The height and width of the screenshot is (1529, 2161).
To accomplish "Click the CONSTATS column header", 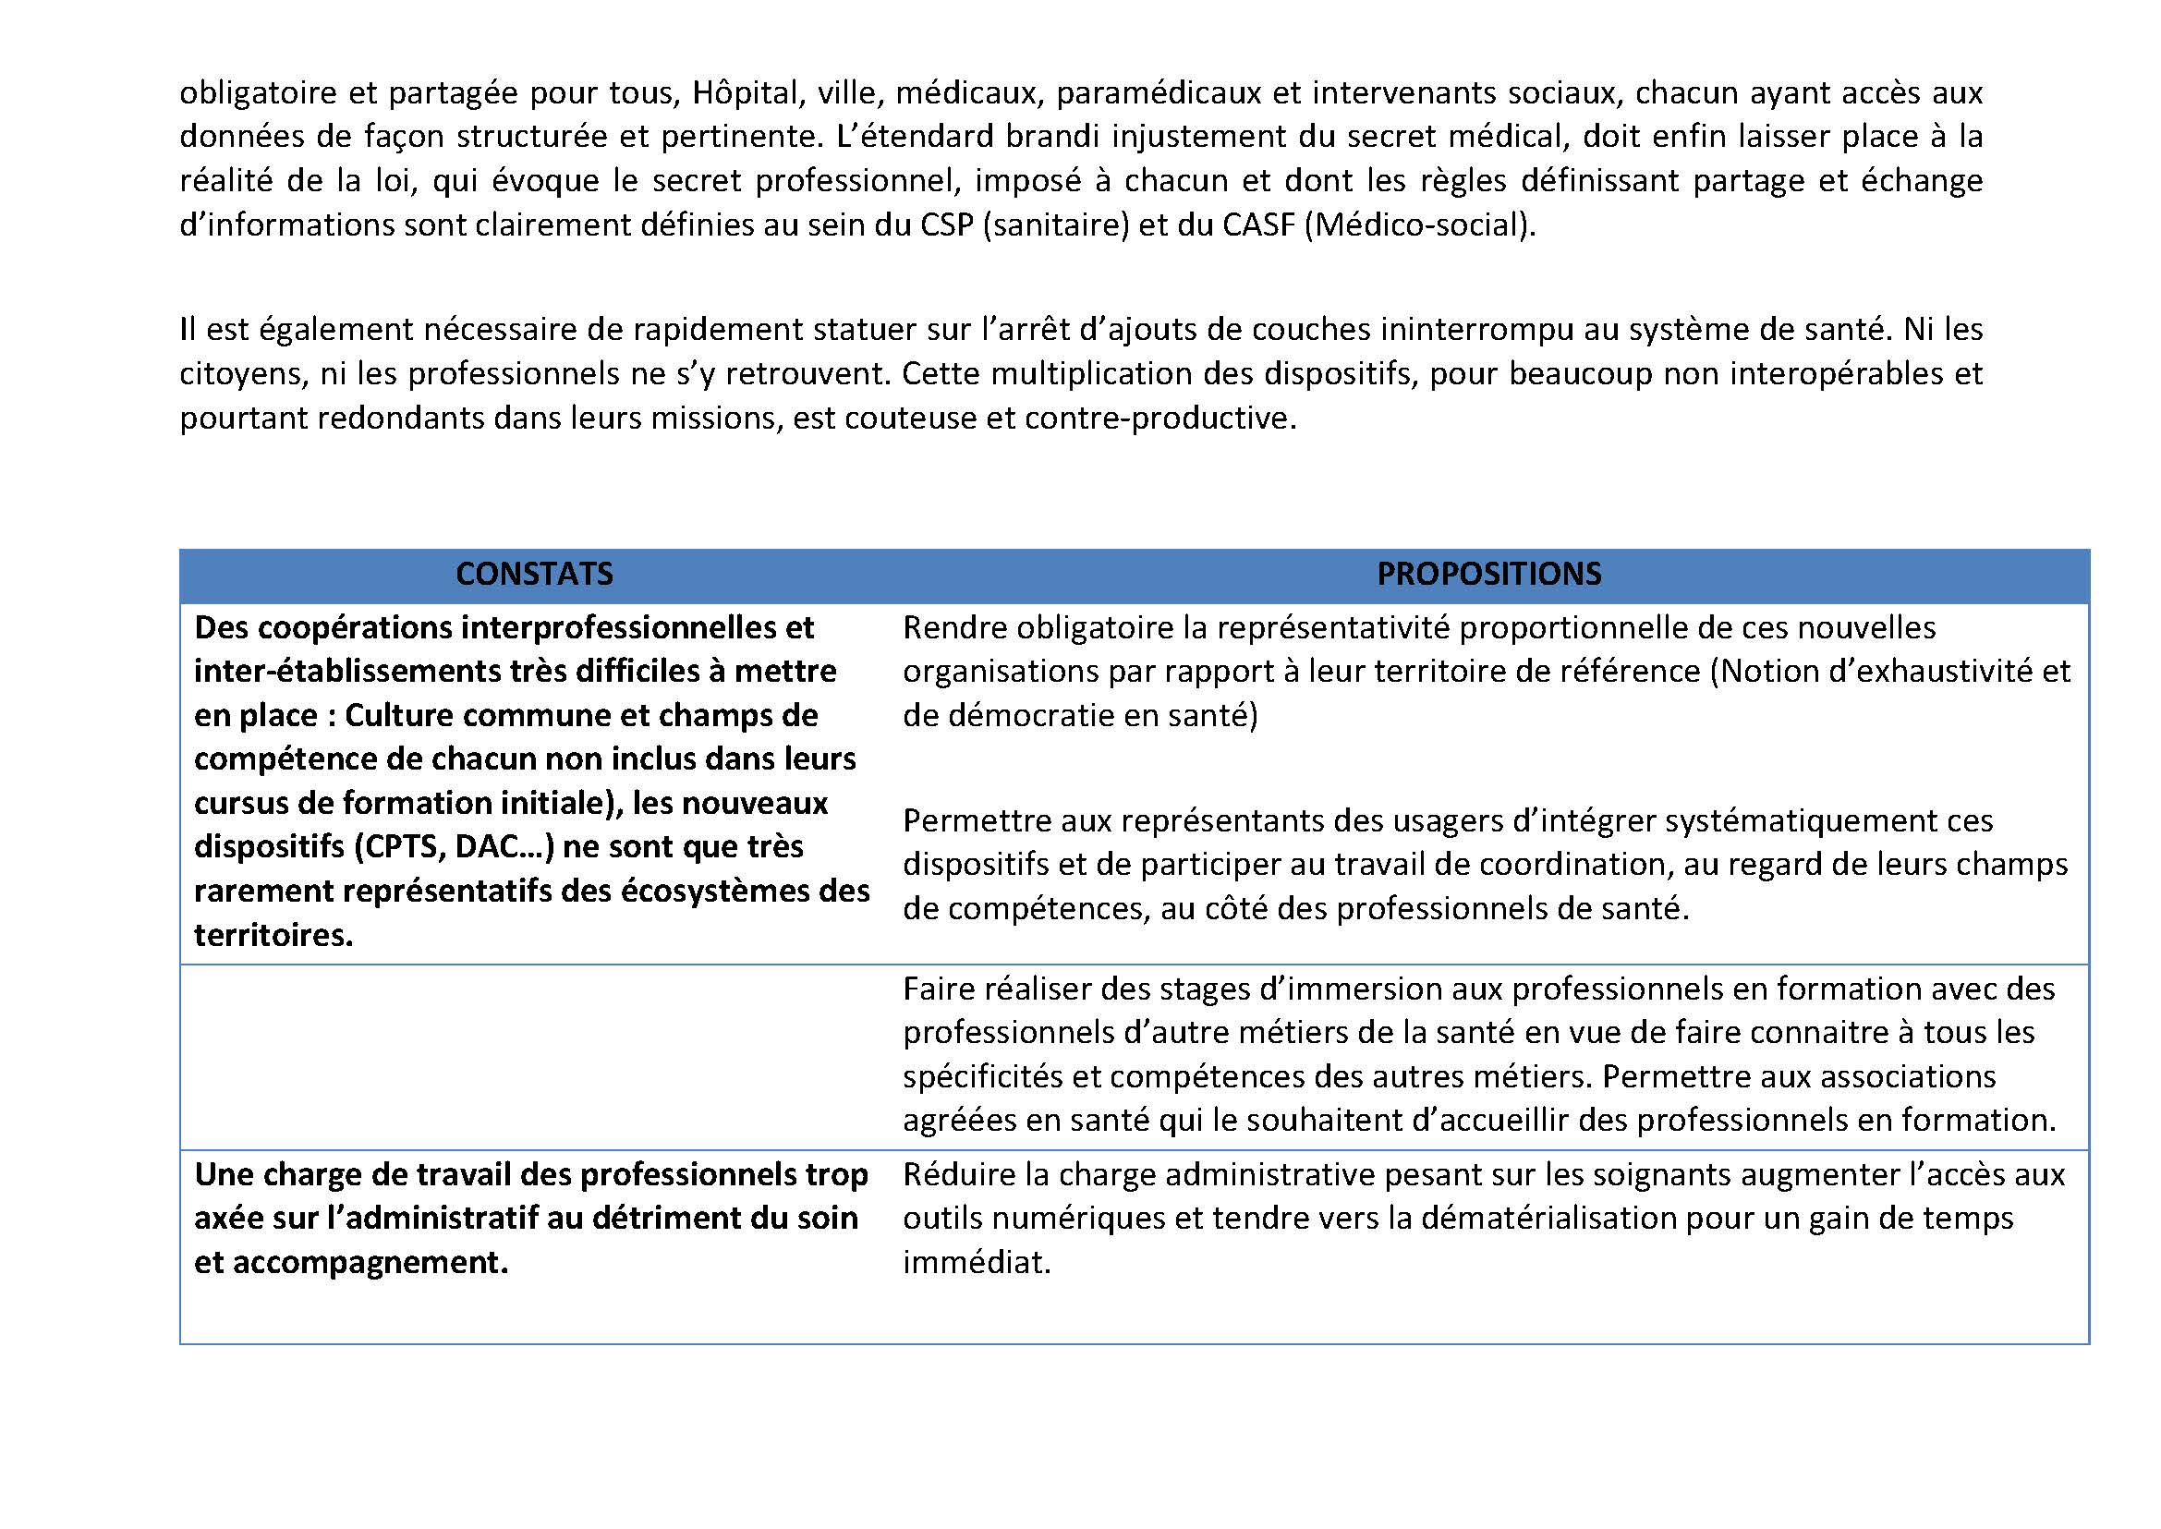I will (x=534, y=574).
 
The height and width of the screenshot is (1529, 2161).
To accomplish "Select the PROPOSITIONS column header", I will (x=1488, y=574).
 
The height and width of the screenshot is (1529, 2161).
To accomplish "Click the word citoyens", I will (x=240, y=374).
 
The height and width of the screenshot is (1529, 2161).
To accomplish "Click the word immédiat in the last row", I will (x=976, y=1262).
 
